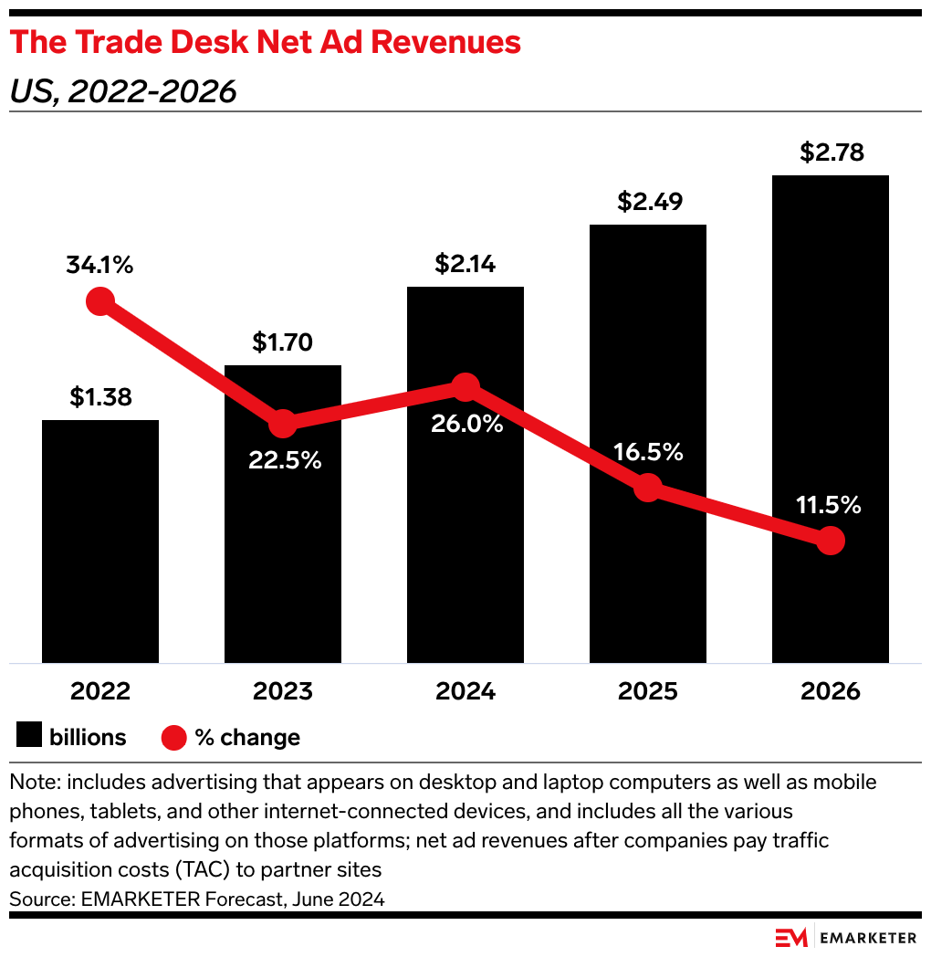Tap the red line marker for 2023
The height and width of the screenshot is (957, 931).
tap(283, 423)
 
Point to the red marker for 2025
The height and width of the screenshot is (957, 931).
tap(647, 488)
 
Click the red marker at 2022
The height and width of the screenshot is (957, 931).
tap(100, 301)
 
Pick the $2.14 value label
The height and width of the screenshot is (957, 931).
tap(465, 264)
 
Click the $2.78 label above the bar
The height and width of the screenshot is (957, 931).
tap(831, 152)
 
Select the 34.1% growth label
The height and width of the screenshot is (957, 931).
tap(100, 266)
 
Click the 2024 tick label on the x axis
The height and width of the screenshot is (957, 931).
tap(465, 690)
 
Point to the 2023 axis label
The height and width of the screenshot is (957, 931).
tap(283, 690)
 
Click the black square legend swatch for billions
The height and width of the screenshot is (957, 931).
tap(28, 736)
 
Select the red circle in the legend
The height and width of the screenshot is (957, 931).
tap(173, 737)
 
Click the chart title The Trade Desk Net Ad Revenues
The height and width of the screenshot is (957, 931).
tap(266, 42)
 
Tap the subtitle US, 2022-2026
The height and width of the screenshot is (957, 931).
tap(123, 91)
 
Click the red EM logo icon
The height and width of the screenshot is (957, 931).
tap(790, 937)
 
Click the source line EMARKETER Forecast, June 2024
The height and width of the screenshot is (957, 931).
tap(197, 899)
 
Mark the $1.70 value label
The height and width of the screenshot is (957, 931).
tap(283, 342)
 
